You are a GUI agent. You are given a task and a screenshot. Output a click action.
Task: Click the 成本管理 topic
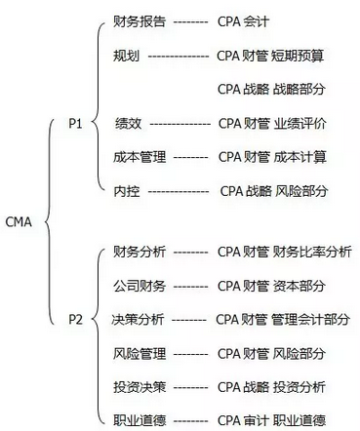point(138,156)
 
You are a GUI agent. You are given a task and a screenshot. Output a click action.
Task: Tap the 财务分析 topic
point(138,253)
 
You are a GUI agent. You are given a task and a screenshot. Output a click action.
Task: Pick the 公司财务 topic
point(138,285)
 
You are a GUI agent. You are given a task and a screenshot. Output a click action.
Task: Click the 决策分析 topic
point(138,319)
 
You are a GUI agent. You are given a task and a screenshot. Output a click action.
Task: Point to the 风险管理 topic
point(138,352)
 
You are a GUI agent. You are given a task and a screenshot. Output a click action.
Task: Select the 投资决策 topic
point(138,386)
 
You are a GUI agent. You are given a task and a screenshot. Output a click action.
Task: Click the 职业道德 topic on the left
point(138,419)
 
